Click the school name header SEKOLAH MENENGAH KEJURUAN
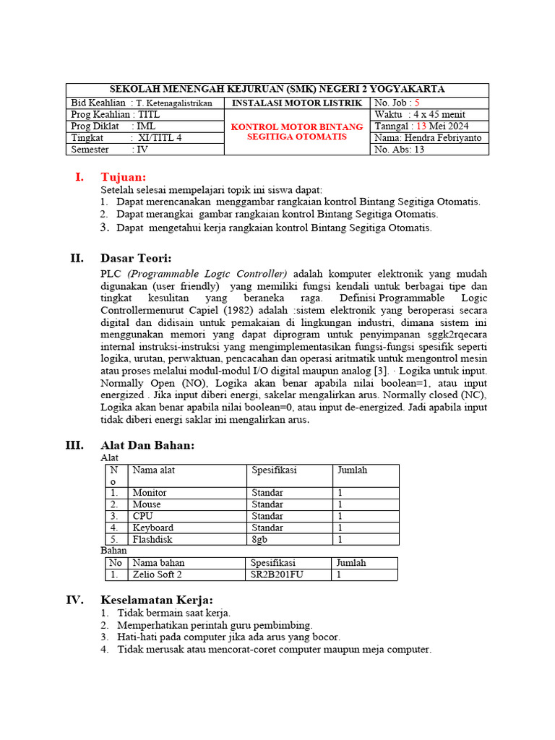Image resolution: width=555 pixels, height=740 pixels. point(277,89)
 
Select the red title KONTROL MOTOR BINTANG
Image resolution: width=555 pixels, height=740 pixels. point(297,126)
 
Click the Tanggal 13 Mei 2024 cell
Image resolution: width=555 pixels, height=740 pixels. point(421,126)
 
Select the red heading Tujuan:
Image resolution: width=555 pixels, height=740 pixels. point(124,177)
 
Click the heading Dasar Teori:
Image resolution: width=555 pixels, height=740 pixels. point(137,258)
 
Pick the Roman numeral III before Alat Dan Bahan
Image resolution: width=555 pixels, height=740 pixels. point(74,445)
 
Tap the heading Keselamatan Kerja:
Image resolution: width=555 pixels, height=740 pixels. point(157,600)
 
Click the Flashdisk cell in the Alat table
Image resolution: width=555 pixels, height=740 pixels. point(152,539)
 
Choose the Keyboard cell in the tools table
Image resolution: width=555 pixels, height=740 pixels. point(152,528)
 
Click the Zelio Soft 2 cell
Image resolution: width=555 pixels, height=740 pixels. point(157,575)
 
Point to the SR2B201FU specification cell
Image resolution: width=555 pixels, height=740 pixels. point(278,575)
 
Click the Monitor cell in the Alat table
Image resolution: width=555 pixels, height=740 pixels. point(150,493)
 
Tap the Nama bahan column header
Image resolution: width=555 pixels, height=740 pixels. point(158,562)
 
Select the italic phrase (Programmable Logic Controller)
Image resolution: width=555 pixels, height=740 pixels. point(207,274)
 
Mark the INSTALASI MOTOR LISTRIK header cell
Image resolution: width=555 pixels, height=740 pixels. point(297,103)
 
